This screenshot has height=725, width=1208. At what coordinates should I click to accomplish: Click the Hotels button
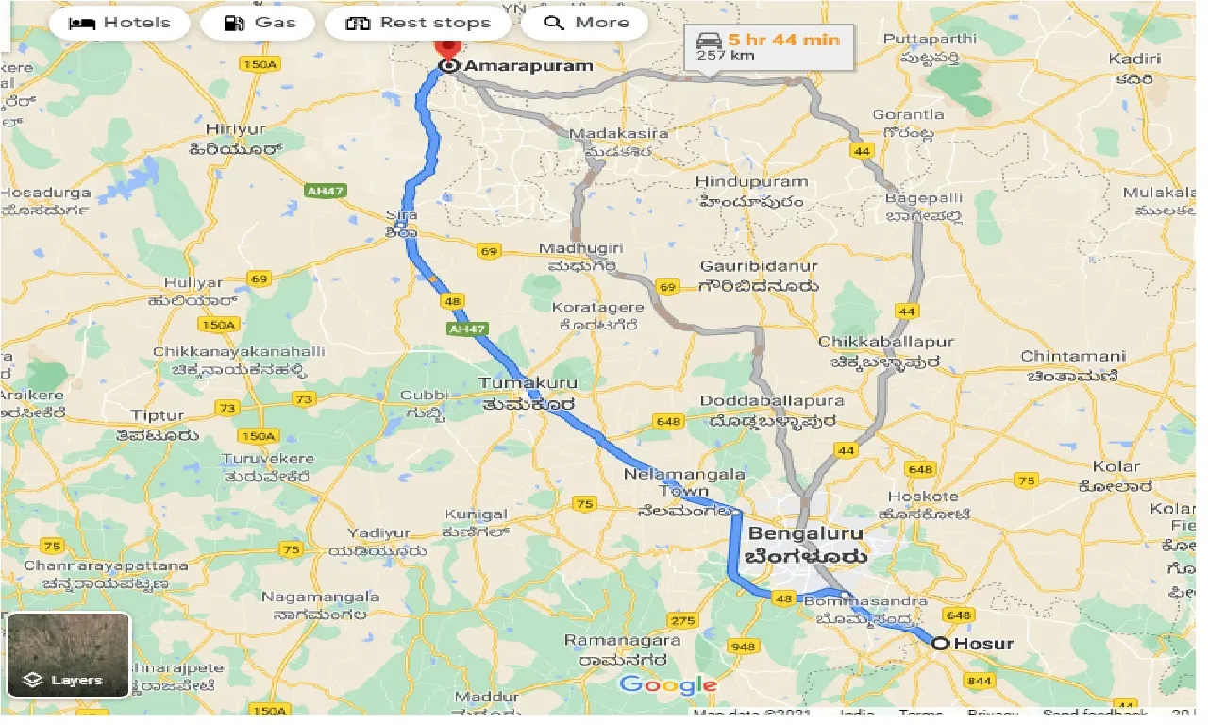(x=120, y=23)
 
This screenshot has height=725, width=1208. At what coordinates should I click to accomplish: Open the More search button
(x=585, y=23)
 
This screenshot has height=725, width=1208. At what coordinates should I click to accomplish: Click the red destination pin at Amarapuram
(x=446, y=47)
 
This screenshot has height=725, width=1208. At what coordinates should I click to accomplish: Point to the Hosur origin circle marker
(x=940, y=644)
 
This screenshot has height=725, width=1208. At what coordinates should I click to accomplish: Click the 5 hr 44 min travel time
(x=783, y=40)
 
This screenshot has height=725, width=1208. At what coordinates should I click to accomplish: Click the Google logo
(x=667, y=686)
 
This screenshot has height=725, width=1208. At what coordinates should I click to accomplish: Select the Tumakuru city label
(x=527, y=384)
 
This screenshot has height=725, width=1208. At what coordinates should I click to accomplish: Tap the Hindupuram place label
(x=751, y=182)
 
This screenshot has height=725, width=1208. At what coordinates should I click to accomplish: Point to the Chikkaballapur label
(x=886, y=342)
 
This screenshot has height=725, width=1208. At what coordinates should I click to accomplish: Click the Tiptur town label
(x=158, y=415)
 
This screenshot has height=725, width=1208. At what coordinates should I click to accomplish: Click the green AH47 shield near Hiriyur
(x=325, y=191)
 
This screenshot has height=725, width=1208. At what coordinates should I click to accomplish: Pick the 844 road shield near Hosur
(x=981, y=682)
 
